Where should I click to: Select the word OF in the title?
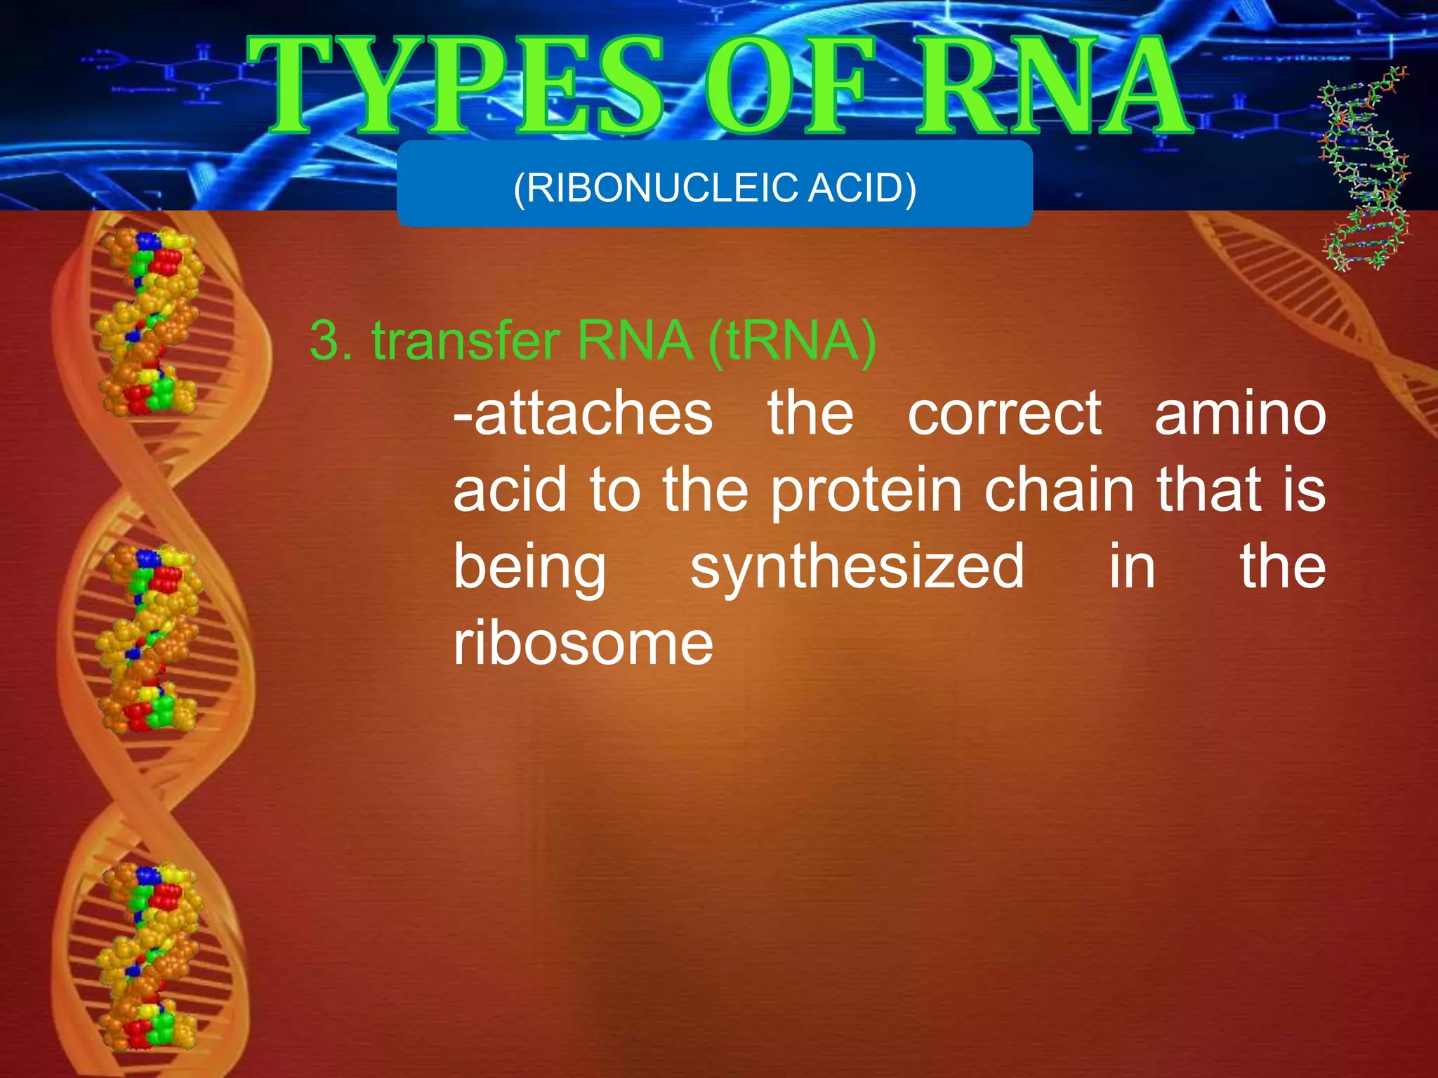pos(790,86)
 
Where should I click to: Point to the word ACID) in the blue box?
pos(863,188)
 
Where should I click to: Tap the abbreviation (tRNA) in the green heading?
pos(792,341)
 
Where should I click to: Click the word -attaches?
pos(583,414)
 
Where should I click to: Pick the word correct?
pos(1004,414)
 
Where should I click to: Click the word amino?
pos(1240,414)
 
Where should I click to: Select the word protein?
pos(866,491)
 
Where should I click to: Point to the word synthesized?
pos(857,567)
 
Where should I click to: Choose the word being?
pos(529,567)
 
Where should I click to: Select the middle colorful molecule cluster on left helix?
pos(150,639)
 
